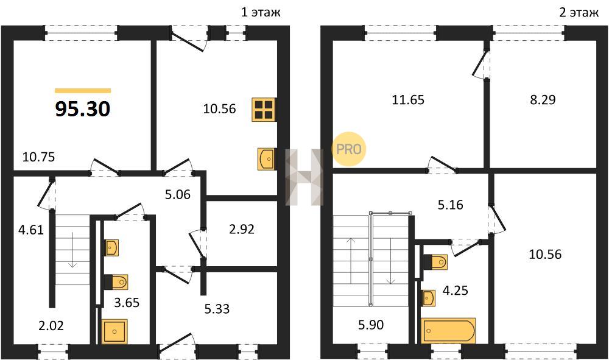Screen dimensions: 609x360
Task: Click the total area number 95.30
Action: (x=83, y=109)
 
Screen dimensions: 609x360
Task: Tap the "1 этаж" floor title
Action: (x=261, y=12)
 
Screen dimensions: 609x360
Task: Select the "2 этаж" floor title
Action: (x=579, y=12)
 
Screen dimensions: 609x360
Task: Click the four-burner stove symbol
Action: (x=264, y=109)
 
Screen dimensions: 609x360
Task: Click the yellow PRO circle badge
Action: (x=349, y=149)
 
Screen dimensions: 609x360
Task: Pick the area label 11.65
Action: (x=408, y=100)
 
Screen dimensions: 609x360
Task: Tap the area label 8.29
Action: (x=543, y=100)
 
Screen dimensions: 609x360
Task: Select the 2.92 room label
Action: (x=242, y=229)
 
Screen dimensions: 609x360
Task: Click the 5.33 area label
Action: (x=217, y=309)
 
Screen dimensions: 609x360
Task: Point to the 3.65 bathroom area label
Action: (x=126, y=302)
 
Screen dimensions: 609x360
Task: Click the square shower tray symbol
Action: (x=114, y=331)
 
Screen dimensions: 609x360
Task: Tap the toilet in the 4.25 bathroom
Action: (x=435, y=262)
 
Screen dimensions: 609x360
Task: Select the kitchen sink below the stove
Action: (x=267, y=159)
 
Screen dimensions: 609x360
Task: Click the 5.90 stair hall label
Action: (x=371, y=324)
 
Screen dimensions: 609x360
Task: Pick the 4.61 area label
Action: (x=31, y=230)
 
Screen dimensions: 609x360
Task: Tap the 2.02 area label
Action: (x=51, y=325)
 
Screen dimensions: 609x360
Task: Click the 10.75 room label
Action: (x=38, y=157)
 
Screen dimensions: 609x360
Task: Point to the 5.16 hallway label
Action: (x=450, y=205)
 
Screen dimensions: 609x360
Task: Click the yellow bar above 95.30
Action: (x=83, y=91)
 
